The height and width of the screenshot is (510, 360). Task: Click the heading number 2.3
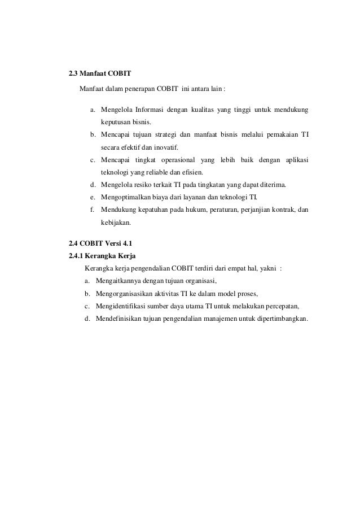73,73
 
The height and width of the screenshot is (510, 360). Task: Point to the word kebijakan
115,223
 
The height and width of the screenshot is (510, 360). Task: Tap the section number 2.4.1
76,255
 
